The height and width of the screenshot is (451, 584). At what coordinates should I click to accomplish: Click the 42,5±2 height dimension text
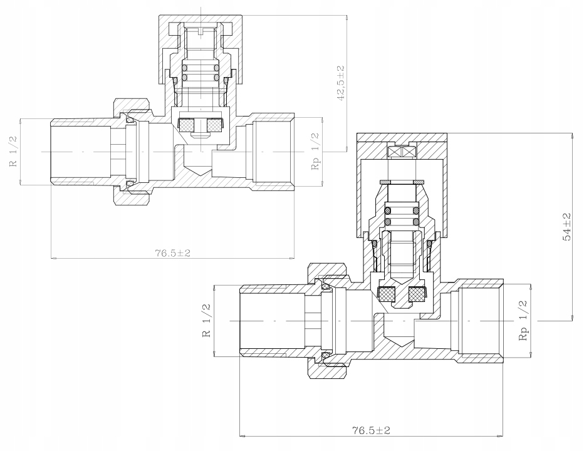click(x=340, y=83)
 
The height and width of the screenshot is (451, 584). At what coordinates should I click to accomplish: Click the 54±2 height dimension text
click(x=567, y=227)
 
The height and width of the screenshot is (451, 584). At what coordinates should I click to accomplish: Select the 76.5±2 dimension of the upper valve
click(x=173, y=253)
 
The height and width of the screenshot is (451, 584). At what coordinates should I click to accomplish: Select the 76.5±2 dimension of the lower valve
click(x=372, y=430)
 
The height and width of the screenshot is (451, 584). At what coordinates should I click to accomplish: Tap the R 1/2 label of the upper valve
click(x=13, y=152)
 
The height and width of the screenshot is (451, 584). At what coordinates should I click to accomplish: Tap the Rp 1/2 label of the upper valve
click(x=315, y=152)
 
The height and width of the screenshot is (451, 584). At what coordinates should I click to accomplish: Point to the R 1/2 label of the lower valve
click(x=207, y=321)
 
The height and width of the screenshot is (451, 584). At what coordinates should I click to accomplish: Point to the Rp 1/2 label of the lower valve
click(x=523, y=321)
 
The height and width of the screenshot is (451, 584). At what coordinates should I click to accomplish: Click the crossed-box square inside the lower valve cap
click(x=402, y=152)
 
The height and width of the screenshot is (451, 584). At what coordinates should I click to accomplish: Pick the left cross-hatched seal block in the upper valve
click(x=186, y=125)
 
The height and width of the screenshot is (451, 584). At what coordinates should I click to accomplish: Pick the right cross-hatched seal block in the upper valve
click(x=214, y=125)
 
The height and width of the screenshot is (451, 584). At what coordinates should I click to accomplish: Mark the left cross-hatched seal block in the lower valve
click(x=387, y=294)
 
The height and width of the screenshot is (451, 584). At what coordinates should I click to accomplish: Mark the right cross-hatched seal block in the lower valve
click(x=417, y=294)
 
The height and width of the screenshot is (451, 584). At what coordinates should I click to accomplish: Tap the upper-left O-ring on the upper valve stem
click(x=184, y=68)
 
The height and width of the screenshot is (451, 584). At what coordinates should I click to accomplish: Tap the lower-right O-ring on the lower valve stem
click(x=415, y=222)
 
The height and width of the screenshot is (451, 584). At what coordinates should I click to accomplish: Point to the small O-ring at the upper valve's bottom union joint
click(x=130, y=184)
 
